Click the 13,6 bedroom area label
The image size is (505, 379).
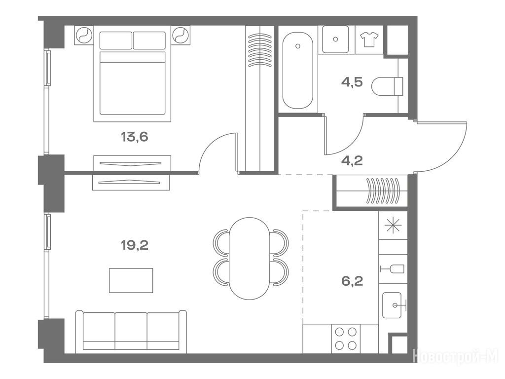point(134,137)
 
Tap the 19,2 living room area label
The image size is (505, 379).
point(134,246)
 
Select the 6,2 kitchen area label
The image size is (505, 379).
point(352,281)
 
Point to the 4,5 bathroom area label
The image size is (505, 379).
point(352,82)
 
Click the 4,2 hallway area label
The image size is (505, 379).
point(352,160)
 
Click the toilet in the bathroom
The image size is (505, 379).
point(387,86)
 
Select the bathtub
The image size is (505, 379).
point(297,70)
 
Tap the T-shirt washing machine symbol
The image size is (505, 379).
point(369,39)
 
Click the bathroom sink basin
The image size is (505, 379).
point(335,39)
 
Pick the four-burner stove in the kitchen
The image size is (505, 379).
point(346,339)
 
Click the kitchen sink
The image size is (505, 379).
point(392,305)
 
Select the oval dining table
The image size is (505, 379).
point(250,259)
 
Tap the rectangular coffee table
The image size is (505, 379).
point(131,280)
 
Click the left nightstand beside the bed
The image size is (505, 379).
point(84,35)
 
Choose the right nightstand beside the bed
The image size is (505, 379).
point(180,35)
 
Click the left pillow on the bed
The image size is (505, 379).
point(115,40)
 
